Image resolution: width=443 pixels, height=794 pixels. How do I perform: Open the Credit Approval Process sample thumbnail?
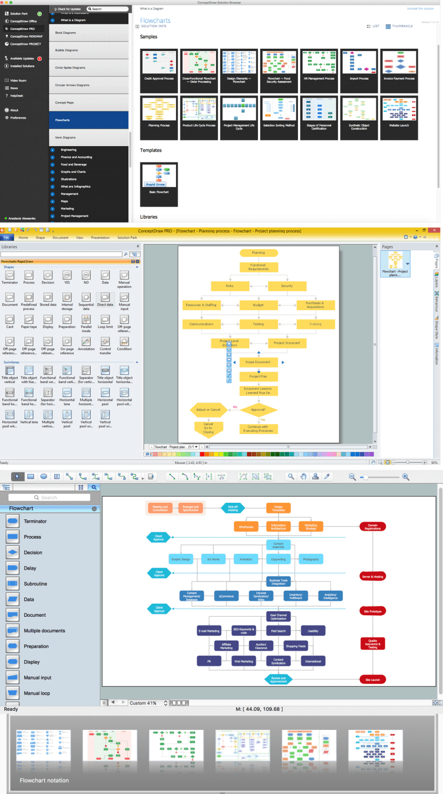click(159, 64)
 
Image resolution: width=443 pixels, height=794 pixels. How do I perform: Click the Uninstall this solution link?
click(420, 9)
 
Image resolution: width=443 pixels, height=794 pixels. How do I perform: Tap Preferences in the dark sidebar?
click(18, 117)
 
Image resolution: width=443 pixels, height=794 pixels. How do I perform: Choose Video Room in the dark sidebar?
click(18, 80)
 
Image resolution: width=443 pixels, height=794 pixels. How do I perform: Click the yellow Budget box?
click(259, 305)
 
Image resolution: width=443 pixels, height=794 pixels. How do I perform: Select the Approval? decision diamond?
click(259, 410)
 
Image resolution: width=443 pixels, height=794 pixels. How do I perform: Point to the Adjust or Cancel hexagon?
click(208, 410)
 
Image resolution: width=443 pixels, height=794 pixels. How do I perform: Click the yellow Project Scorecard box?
click(287, 343)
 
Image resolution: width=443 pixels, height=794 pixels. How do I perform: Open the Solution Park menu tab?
click(127, 238)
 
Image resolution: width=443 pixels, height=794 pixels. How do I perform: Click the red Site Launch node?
click(372, 679)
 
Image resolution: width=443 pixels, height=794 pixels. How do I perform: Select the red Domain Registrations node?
click(372, 527)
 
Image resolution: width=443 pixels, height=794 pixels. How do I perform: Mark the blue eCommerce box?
click(226, 596)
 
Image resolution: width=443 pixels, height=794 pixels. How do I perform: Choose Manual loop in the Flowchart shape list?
click(37, 693)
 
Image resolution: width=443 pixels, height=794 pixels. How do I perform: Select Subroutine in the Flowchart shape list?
click(35, 584)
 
